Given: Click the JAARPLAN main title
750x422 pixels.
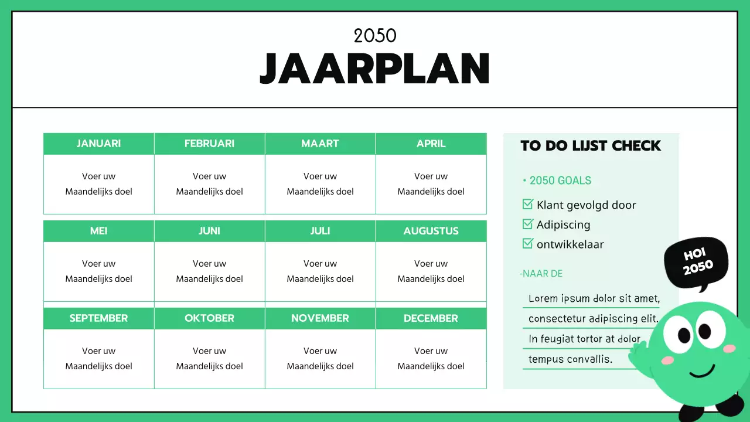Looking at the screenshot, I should click(375, 69).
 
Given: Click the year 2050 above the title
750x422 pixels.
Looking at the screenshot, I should click(375, 36).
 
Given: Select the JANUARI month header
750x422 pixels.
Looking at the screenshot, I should click(98, 144).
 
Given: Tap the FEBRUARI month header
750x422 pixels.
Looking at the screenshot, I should click(209, 144).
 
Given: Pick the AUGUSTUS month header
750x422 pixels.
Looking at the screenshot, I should click(431, 231).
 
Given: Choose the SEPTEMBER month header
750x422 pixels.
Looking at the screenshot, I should click(98, 318).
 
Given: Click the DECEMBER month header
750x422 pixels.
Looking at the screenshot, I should click(431, 318).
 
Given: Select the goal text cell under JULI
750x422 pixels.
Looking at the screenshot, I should click(320, 271).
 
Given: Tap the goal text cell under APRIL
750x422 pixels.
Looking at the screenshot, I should click(431, 184).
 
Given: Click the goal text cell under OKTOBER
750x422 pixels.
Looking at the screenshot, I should click(209, 359).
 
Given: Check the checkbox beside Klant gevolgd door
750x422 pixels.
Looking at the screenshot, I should click(527, 205).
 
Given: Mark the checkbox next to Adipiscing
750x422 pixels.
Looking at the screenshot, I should click(527, 224).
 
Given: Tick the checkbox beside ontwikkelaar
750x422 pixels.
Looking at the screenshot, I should click(527, 244).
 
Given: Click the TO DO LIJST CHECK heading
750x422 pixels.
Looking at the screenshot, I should click(591, 146).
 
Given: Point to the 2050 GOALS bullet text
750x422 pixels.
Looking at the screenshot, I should click(560, 181).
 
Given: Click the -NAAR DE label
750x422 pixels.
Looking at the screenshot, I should click(541, 274).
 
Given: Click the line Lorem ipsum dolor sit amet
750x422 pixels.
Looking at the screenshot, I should click(594, 298).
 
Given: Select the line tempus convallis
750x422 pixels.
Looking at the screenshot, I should click(570, 359).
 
